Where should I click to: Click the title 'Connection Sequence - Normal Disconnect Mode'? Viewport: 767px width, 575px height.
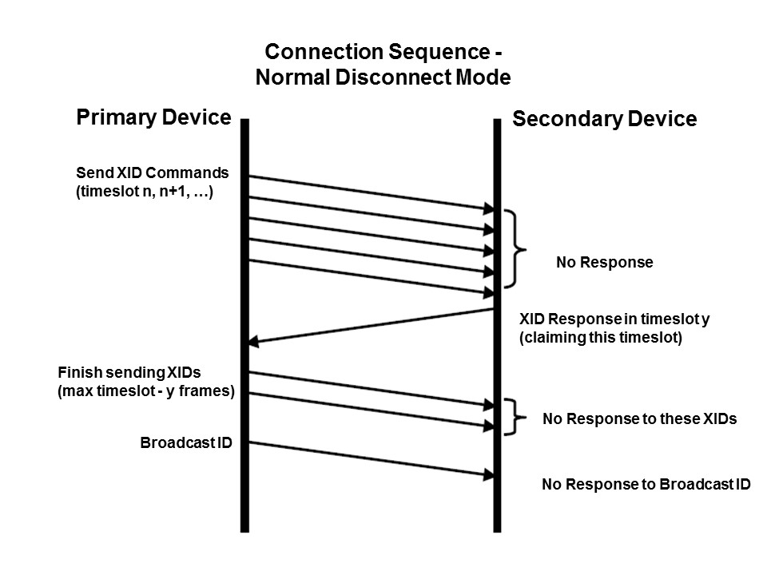pyautogui.click(x=383, y=65)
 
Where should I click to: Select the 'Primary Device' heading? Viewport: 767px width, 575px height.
pyautogui.click(x=153, y=118)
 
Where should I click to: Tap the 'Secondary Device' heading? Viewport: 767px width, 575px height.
pyautogui.click(x=604, y=120)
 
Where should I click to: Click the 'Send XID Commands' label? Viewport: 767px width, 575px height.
pyautogui.click(x=152, y=172)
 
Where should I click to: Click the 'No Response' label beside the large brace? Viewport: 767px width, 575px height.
pyautogui.click(x=604, y=262)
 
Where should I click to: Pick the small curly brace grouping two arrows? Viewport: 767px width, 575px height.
pyautogui.click(x=516, y=416)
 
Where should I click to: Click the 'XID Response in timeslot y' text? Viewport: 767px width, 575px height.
pyautogui.click(x=614, y=319)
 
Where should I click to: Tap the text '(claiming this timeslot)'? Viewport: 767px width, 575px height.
pyautogui.click(x=601, y=338)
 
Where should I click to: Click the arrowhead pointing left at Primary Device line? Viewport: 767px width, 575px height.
pyautogui.click(x=253, y=342)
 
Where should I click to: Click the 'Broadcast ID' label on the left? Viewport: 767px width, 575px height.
pyautogui.click(x=185, y=442)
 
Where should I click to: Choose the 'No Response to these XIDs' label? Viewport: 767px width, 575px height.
pyautogui.click(x=639, y=418)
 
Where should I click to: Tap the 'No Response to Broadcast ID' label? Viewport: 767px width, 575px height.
pyautogui.click(x=646, y=484)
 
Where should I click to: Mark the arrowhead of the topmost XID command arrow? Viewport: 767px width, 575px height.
pyautogui.click(x=489, y=209)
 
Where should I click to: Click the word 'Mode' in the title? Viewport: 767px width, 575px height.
pyautogui.click(x=483, y=77)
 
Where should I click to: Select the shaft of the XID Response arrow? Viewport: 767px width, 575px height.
pyautogui.click(x=376, y=325)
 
